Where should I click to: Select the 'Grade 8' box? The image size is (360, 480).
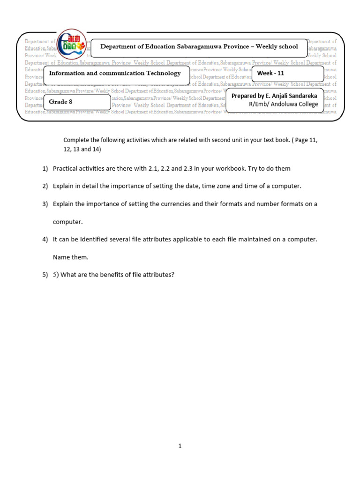pos(77,102)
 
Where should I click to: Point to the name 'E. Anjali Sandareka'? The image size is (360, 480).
pos(291,96)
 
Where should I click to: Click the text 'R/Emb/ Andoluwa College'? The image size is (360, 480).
pos(283,104)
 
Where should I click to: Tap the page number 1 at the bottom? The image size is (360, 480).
pos(180,446)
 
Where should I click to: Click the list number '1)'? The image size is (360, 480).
pos(45,168)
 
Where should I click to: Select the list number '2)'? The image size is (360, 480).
pos(45,186)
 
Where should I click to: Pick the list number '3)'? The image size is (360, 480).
pos(45,204)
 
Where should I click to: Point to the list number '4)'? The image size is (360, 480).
pos(45,240)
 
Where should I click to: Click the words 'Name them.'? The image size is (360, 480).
pos(70,257)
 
